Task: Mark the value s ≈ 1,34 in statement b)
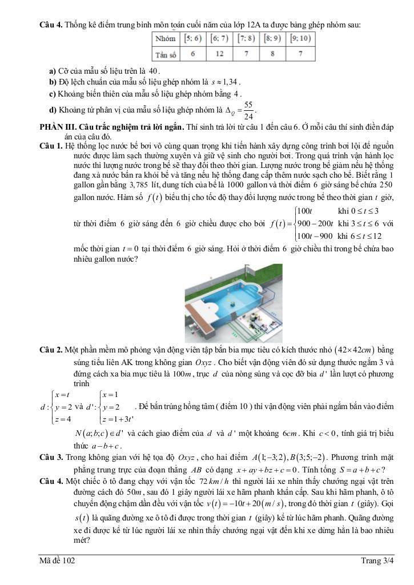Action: point(226,81)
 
